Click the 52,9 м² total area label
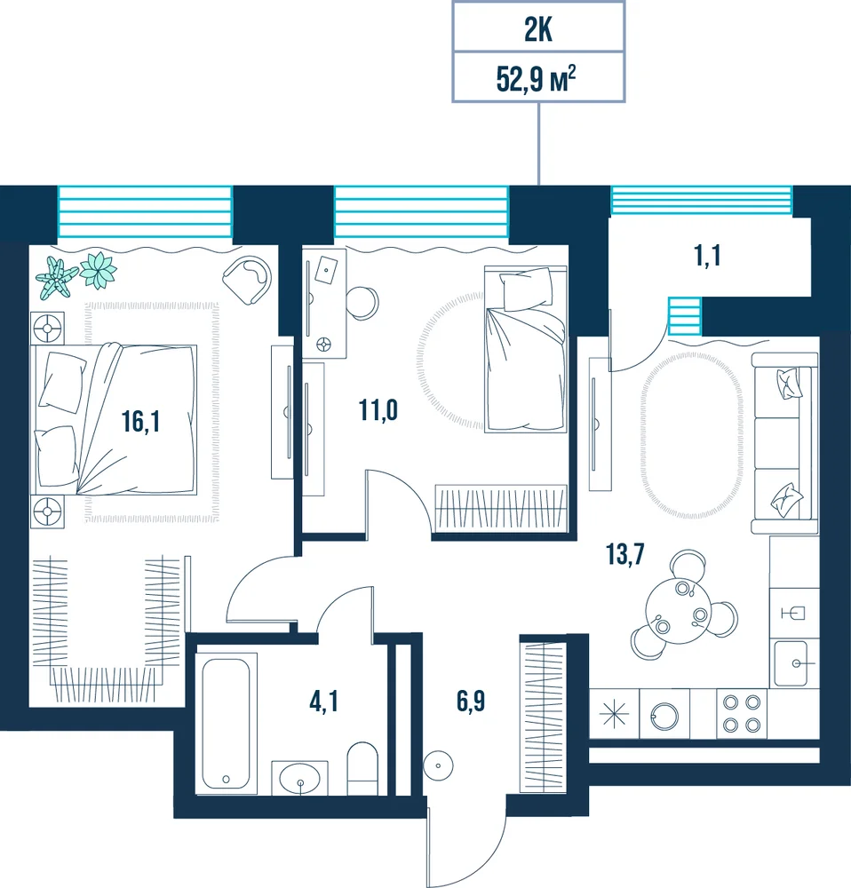pos(536,78)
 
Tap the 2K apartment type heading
pos(537,29)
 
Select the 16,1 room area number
pos(140,421)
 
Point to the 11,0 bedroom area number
pos(378,409)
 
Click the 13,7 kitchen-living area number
pos(625,554)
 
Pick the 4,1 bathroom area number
pos(323,702)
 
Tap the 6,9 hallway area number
pos(471,702)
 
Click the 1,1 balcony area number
pos(707,256)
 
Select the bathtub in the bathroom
pos(226,724)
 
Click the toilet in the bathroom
pos(362,768)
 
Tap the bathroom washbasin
pos(299,778)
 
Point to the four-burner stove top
pos(742,714)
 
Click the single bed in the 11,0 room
pos(526,349)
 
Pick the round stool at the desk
pos(362,303)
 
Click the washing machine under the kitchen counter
pos(664,714)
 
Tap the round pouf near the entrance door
pos(438,765)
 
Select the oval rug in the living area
pos(691,434)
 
